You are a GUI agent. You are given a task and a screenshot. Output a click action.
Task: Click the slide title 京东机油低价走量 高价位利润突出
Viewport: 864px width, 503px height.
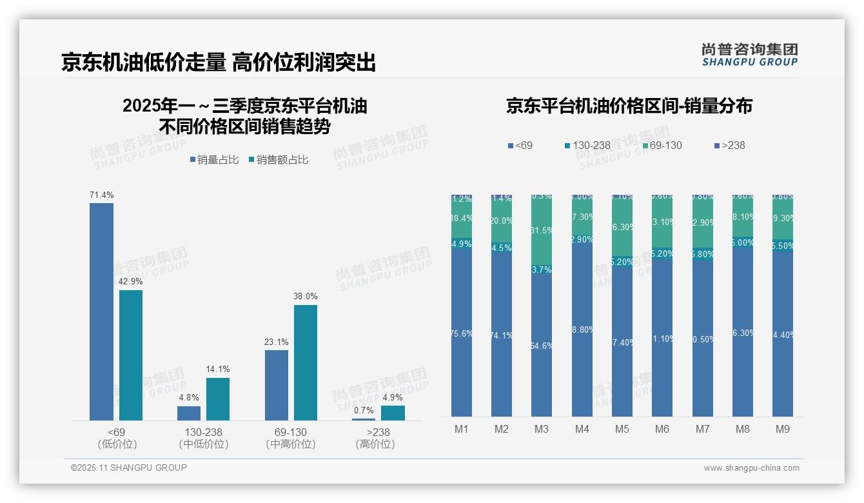[218, 63]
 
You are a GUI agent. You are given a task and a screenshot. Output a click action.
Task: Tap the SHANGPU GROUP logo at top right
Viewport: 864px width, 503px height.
[749, 55]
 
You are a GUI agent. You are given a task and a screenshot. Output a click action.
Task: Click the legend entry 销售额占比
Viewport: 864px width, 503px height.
[278, 159]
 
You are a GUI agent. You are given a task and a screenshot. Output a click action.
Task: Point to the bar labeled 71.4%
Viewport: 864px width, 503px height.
[101, 311]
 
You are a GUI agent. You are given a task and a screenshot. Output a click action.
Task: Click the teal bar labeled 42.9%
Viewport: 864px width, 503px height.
[131, 355]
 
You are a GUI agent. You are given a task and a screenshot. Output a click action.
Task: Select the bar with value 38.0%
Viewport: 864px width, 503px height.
[306, 362]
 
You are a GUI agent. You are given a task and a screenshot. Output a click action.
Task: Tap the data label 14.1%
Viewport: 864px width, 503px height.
[218, 370]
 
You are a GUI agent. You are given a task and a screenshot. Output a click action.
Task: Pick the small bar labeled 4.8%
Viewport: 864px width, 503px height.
[189, 413]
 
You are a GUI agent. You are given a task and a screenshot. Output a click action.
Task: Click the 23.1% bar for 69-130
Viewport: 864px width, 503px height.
[277, 385]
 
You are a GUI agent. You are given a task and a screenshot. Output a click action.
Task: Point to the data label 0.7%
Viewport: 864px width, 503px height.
[364, 410]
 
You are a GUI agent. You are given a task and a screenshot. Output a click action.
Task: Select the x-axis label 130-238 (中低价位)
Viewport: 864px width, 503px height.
[203, 438]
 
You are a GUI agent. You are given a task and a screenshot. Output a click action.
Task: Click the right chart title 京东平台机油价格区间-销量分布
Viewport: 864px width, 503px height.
[629, 106]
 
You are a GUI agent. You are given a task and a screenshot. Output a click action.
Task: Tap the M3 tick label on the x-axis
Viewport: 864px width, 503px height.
[542, 429]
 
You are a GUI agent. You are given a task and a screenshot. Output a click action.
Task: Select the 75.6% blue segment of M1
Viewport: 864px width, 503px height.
[462, 333]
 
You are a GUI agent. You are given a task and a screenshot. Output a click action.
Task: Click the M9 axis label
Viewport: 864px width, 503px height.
[782, 429]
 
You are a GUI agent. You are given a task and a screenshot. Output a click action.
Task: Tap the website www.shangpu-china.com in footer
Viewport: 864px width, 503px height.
[751, 468]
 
